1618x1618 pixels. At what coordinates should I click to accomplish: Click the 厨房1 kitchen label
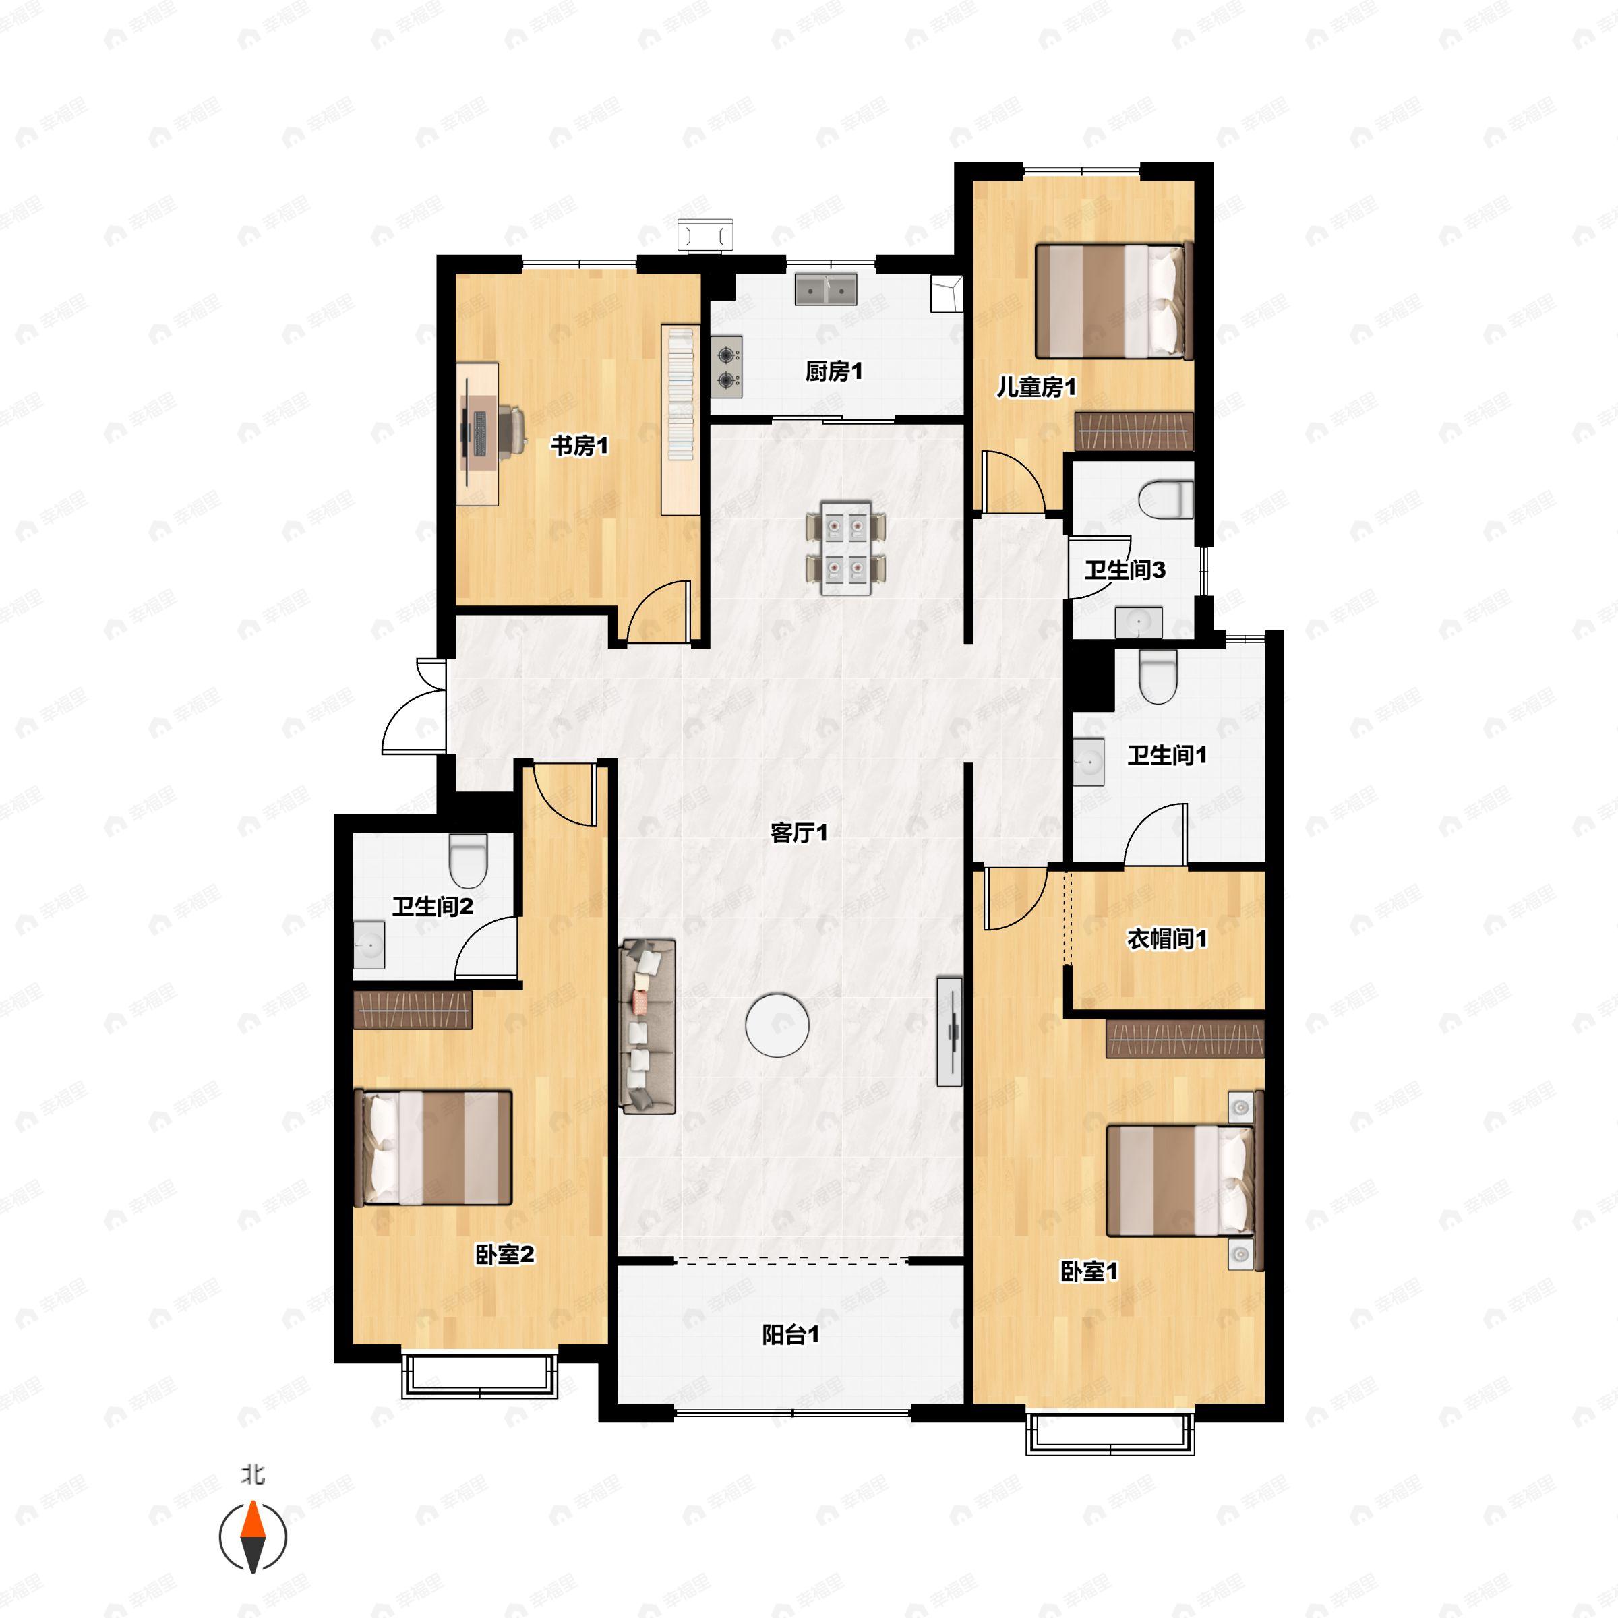pos(833,371)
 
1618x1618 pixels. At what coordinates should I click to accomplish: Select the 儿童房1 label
pos(1036,387)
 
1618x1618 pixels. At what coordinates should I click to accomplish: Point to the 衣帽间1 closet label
pos(1166,939)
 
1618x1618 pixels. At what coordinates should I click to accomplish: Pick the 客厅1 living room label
pos(798,833)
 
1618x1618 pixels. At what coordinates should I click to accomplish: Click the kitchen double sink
pos(826,289)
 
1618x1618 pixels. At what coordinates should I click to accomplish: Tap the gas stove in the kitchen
pos(727,367)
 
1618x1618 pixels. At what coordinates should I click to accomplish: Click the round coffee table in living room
pos(777,1024)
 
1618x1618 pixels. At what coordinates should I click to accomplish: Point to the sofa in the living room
pos(647,1026)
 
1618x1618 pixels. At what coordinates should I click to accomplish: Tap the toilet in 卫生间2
pos(468,860)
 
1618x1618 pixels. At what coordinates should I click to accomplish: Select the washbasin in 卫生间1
pos(1089,761)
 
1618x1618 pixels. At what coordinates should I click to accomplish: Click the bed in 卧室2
pos(433,1147)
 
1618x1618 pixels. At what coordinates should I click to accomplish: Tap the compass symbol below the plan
pos(253,1538)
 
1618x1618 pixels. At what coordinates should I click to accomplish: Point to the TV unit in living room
pos(949,1031)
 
